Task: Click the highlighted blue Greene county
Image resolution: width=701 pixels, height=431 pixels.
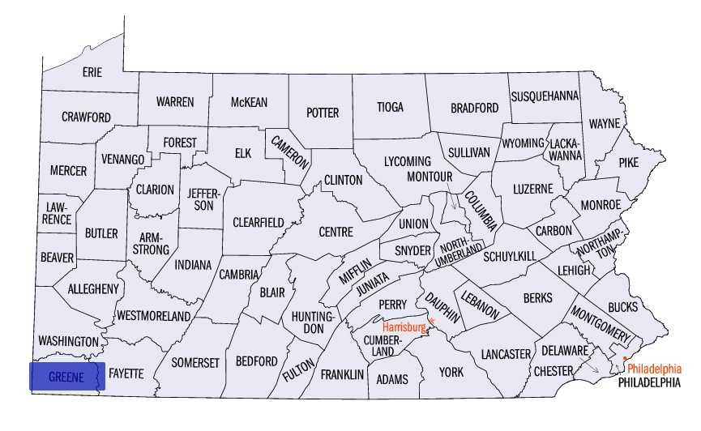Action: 67,377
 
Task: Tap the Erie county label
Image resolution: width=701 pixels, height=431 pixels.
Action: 92,72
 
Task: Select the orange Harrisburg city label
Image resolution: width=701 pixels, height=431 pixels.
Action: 404,327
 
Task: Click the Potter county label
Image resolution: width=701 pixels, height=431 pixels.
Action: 322,113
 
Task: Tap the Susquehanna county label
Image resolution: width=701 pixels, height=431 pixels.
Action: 545,96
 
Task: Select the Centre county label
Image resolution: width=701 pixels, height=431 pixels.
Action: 336,232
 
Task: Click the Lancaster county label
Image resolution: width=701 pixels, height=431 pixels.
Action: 505,354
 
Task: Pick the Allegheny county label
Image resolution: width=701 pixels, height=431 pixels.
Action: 93,288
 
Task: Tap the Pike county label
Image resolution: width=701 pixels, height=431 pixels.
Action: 628,162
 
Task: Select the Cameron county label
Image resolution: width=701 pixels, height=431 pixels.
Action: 290,151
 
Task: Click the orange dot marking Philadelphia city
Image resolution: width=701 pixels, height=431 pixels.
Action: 625,358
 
